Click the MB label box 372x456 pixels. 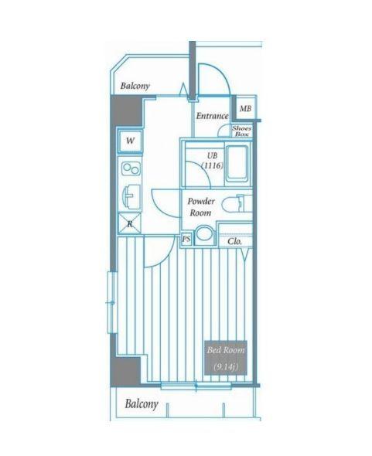point(244,109)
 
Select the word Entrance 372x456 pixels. point(211,116)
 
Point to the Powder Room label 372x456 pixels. point(200,206)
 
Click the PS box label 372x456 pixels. point(186,240)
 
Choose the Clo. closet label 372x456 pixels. point(235,241)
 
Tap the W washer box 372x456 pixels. point(130,141)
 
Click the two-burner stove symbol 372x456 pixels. point(129,169)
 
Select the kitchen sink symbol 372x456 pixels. point(129,196)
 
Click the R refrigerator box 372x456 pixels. point(129,224)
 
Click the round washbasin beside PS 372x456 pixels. point(204,235)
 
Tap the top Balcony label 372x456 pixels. point(135,87)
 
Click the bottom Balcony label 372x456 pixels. point(142,403)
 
